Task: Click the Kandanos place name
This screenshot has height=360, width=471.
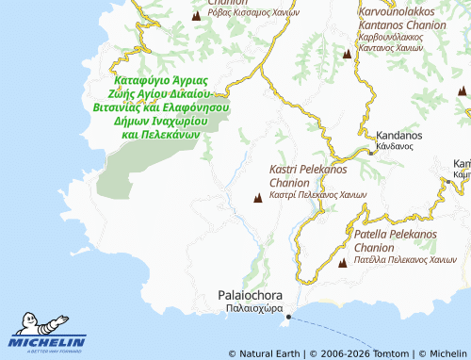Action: (399, 136)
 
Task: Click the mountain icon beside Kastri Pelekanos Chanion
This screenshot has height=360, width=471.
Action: (258, 198)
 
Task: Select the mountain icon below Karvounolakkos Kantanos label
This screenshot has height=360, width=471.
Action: (348, 55)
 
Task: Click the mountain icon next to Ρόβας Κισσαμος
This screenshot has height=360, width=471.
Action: (196, 15)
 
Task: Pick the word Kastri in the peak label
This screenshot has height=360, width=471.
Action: (286, 170)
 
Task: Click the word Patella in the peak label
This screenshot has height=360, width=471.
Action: (372, 233)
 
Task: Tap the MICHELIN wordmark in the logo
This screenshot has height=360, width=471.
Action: (47, 342)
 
